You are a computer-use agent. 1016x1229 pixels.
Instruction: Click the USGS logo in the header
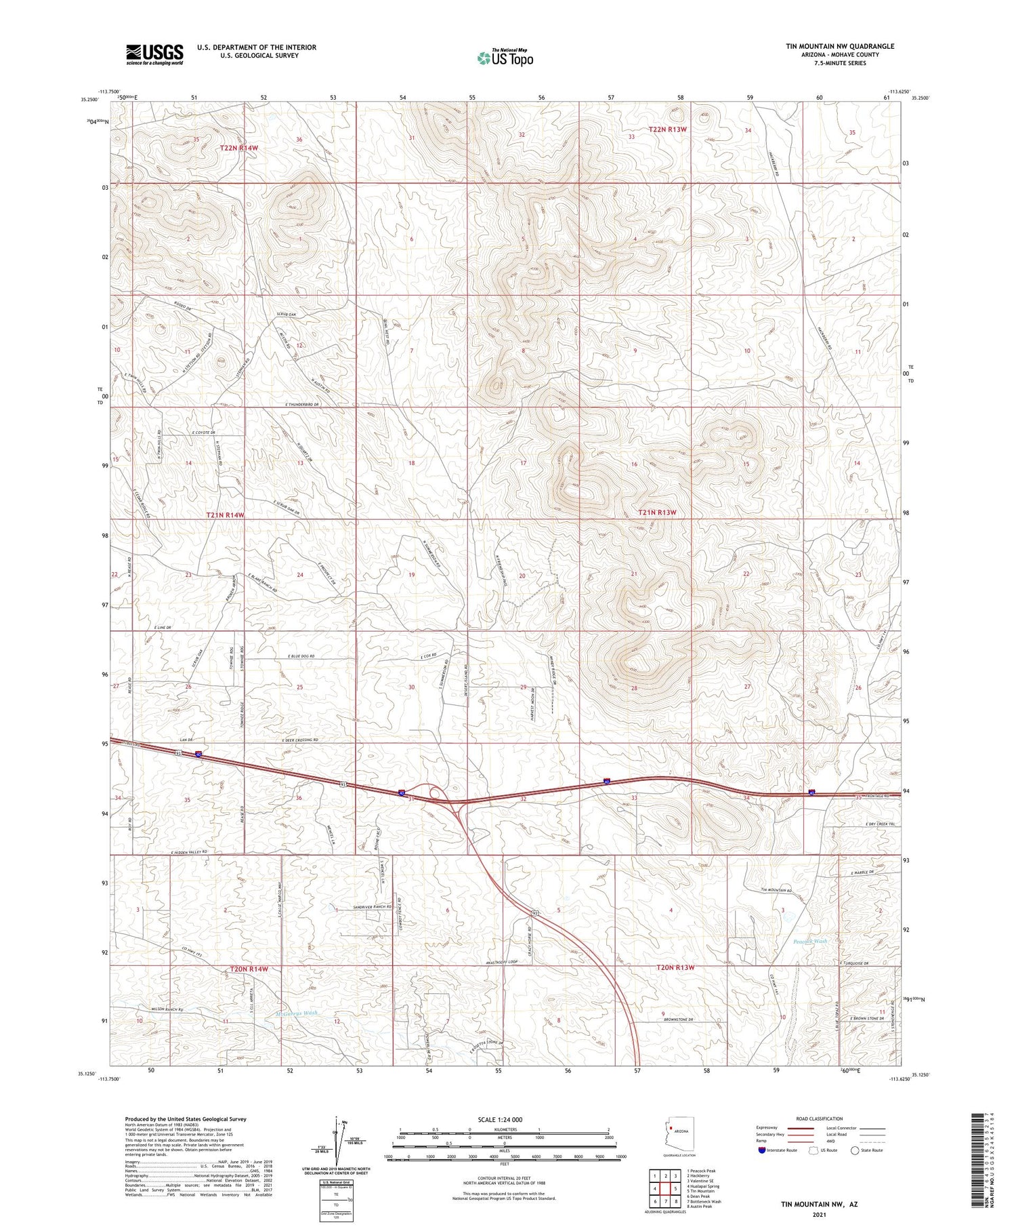click(x=154, y=54)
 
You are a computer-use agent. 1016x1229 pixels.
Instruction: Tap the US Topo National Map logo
click(x=505, y=58)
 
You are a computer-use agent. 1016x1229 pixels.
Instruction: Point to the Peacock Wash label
click(x=810, y=942)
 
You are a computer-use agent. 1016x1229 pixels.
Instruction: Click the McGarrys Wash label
click(x=297, y=1013)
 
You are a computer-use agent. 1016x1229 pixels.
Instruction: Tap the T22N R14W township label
click(x=238, y=148)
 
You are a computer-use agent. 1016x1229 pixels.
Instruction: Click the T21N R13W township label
click(x=657, y=512)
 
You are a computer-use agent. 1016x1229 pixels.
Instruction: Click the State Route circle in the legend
click(x=855, y=1150)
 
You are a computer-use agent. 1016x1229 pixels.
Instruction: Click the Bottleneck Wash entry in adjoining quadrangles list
click(x=704, y=1201)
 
